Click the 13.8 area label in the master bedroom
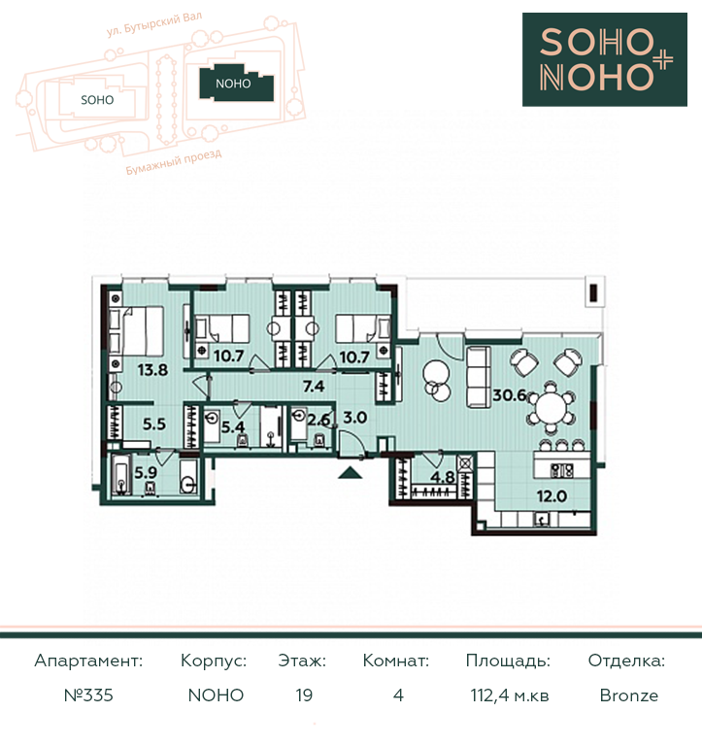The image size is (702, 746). coord(152,370)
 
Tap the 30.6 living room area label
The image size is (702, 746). coord(510,395)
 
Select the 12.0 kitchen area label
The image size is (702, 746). coord(552,496)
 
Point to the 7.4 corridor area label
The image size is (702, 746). coord(314,386)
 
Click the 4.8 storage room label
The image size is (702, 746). coord(443,477)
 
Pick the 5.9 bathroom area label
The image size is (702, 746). coord(146,472)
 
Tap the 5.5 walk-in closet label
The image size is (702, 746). coord(154,424)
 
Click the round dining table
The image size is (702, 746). coord(552,408)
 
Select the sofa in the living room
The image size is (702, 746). coord(478,377)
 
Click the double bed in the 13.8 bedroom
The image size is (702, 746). coord(137,331)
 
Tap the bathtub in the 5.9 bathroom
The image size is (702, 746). coord(122,474)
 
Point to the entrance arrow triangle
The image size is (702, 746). coord(351,472)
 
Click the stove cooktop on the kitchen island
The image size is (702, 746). coord(561,470)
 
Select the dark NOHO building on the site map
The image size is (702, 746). coord(236,84)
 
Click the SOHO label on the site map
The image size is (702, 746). coord(97,100)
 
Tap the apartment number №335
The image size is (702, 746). coord(88,695)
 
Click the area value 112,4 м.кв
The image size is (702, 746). coord(510,695)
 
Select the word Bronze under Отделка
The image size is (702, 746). coord(629,695)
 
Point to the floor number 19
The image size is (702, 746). coord(304,695)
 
